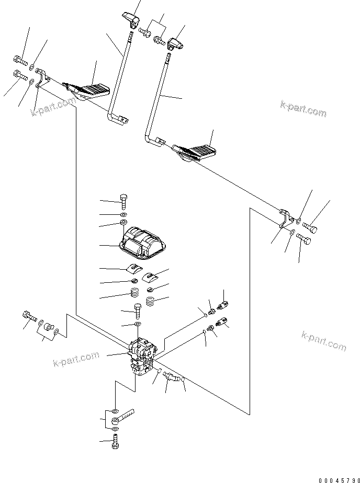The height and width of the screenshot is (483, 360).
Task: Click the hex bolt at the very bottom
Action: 115,443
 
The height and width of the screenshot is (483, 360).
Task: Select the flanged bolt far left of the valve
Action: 27,316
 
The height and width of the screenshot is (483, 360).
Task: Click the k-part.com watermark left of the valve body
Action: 76,358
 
